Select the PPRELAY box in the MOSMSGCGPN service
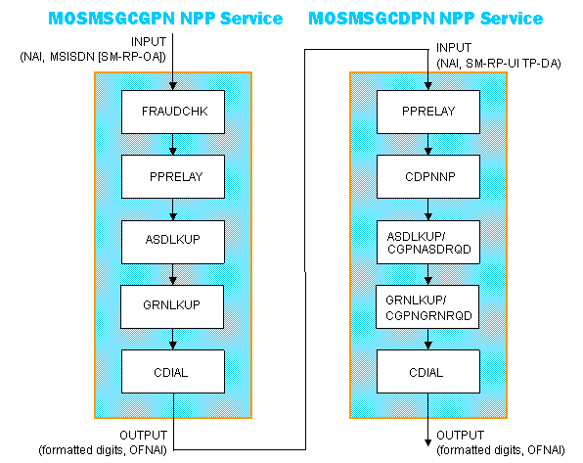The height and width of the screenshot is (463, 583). tap(172, 177)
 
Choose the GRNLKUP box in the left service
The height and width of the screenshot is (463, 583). tap(172, 305)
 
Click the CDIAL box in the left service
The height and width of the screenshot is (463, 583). tap(172, 370)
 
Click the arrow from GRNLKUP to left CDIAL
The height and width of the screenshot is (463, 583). tap(172, 338)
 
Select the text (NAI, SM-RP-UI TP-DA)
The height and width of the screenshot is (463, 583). tap(501, 61)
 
